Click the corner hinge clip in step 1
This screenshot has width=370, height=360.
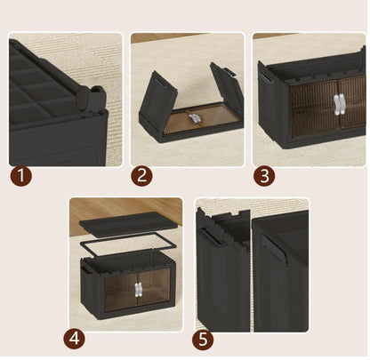pyautogui.click(x=87, y=100)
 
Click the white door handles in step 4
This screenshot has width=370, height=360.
pyautogui.click(x=140, y=289)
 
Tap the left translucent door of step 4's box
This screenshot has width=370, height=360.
pyautogui.click(x=118, y=289)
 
